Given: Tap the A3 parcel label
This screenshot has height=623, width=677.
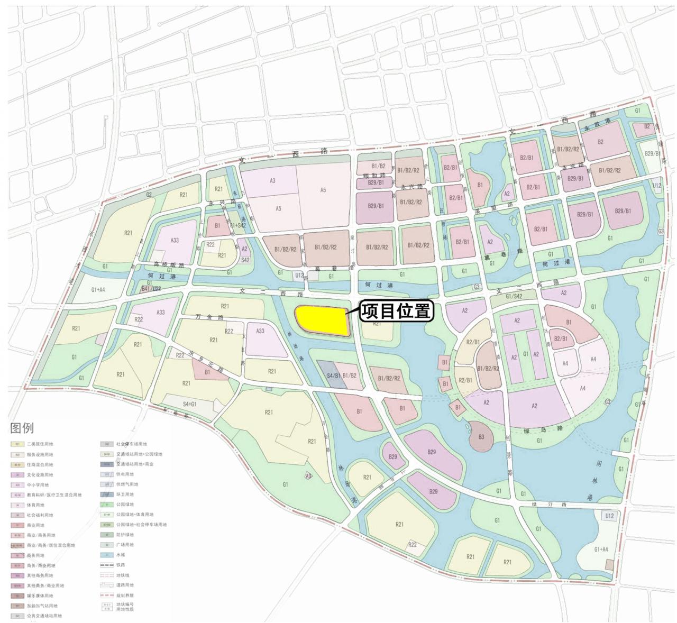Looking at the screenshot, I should pos(272,181).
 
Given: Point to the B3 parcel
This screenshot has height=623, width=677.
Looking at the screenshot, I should pos(481,437).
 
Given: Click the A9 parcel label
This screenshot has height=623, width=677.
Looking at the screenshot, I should pos(308,476).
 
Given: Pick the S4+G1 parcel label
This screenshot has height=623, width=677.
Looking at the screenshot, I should pos(189,404).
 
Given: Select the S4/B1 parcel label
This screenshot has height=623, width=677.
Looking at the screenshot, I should pos(333,376).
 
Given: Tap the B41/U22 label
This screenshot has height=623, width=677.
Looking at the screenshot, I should pos(151,289).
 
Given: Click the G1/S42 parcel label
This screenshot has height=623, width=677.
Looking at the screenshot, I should pos(514,296).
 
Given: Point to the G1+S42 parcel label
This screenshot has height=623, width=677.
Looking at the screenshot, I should pos(237,225).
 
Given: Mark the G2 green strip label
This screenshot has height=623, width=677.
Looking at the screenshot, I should pos(149,195).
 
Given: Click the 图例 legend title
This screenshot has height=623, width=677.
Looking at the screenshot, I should pos(22,428).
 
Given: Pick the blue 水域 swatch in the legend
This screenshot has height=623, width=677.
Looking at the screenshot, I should pos(106,555).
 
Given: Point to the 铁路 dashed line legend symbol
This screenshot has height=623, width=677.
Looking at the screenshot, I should pos(106,565).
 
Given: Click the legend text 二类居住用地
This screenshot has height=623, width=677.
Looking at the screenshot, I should pos(40,444).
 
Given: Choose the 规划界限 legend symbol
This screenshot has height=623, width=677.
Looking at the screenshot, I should pos(106,595).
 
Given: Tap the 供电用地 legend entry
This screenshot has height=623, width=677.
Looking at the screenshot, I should pos(125,474).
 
